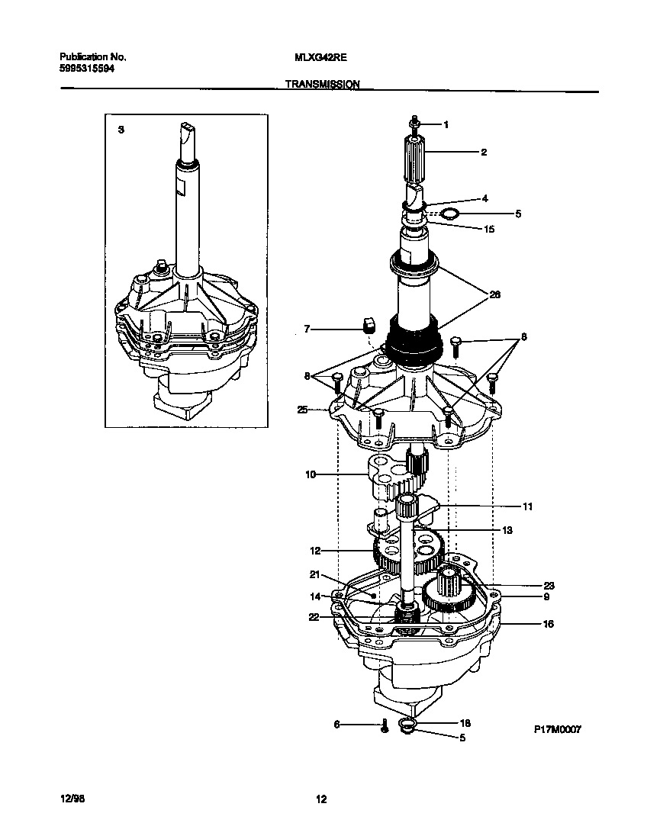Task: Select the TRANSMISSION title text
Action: pyautogui.click(x=323, y=85)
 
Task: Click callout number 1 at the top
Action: pyautogui.click(x=446, y=124)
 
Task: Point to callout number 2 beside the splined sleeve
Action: pyautogui.click(x=483, y=152)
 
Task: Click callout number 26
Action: pyautogui.click(x=494, y=295)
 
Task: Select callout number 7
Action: pyautogui.click(x=307, y=329)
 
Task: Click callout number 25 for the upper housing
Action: pyautogui.click(x=303, y=410)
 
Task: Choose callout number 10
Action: pyautogui.click(x=311, y=474)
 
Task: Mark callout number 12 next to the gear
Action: pyautogui.click(x=315, y=550)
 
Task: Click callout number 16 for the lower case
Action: pyautogui.click(x=548, y=623)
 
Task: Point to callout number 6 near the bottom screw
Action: pyautogui.click(x=336, y=725)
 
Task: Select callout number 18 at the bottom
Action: pyautogui.click(x=465, y=722)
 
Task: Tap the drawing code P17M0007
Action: pyautogui.click(x=557, y=729)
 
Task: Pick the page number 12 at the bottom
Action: pyautogui.click(x=321, y=799)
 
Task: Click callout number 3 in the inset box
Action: pyautogui.click(x=120, y=130)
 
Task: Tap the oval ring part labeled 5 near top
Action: pyautogui.click(x=450, y=215)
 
